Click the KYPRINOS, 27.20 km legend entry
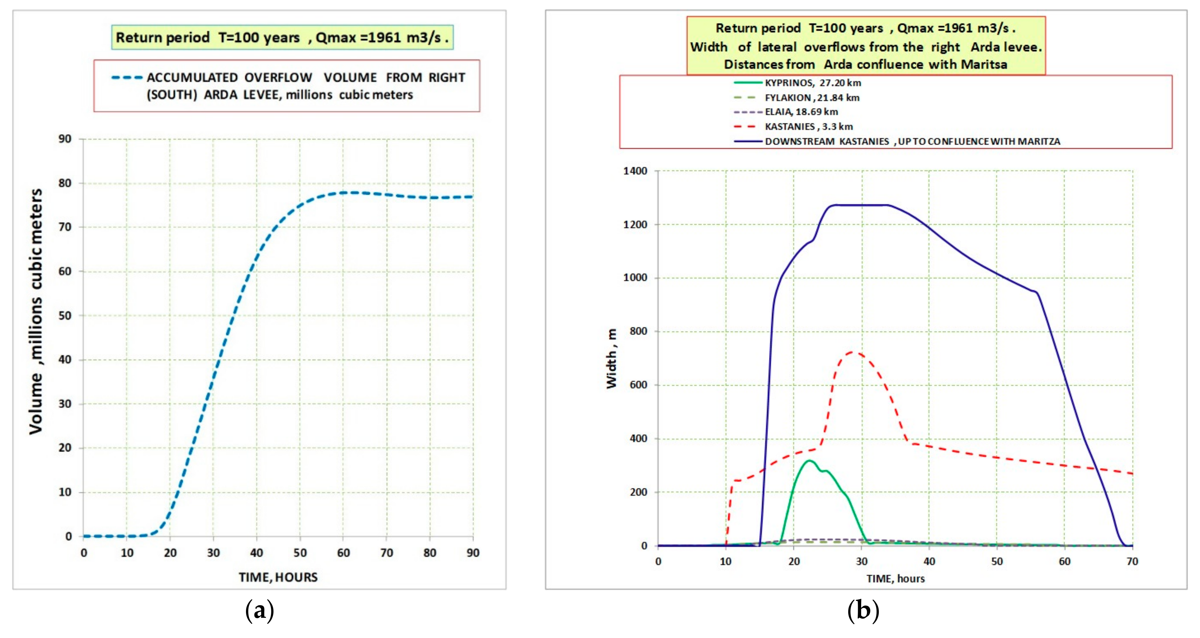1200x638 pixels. click(813, 83)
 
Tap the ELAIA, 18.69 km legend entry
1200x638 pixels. click(801, 112)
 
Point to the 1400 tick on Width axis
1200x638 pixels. click(635, 171)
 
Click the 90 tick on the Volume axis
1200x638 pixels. click(65, 139)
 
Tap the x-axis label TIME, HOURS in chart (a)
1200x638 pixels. click(278, 577)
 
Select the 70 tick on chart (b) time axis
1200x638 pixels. click(1132, 562)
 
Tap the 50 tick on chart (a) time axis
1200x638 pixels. click(300, 553)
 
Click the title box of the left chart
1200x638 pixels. click(282, 37)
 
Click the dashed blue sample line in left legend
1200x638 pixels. click(127, 78)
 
